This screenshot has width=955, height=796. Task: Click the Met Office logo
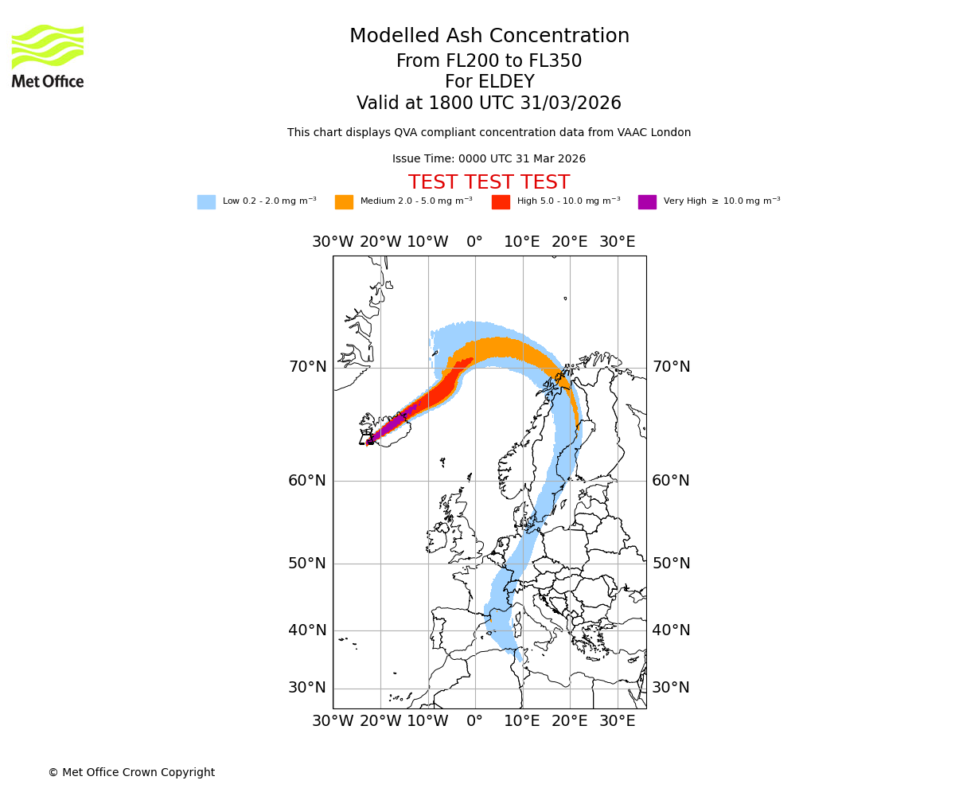point(48,56)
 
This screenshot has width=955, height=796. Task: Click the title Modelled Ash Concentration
point(489,37)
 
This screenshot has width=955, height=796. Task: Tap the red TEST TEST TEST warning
point(489,183)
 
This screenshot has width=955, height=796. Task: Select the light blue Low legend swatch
point(206,202)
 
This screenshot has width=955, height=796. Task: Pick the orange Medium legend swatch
point(344,202)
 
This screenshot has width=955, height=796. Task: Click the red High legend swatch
point(501,202)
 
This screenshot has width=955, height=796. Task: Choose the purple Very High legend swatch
point(647,202)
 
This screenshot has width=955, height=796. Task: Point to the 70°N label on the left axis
point(307,367)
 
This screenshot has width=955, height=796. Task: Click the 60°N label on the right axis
point(671,481)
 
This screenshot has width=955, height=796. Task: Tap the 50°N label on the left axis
point(307,564)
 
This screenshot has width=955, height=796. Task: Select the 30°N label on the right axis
point(671,688)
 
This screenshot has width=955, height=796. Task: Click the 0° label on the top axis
point(475,242)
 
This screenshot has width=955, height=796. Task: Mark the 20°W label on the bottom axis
point(380,721)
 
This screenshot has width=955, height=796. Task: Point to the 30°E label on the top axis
point(617,242)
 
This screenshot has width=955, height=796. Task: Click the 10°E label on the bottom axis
point(522,721)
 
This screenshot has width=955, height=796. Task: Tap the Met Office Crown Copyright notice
point(131,772)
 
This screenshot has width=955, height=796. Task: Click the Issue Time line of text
point(489,159)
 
